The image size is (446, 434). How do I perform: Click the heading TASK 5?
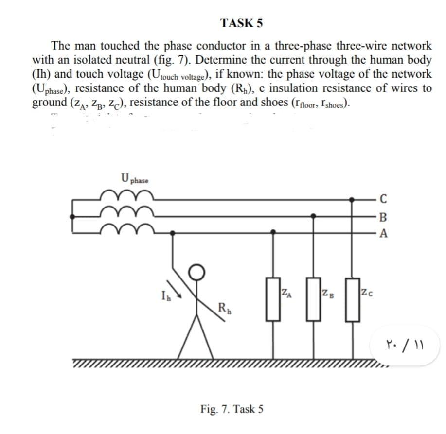point(241,23)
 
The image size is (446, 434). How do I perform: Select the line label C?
point(384,198)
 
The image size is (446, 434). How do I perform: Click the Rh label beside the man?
point(224,307)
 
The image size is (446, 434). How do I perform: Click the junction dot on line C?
point(354,198)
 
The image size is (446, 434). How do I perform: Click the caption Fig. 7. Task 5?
point(232,408)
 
